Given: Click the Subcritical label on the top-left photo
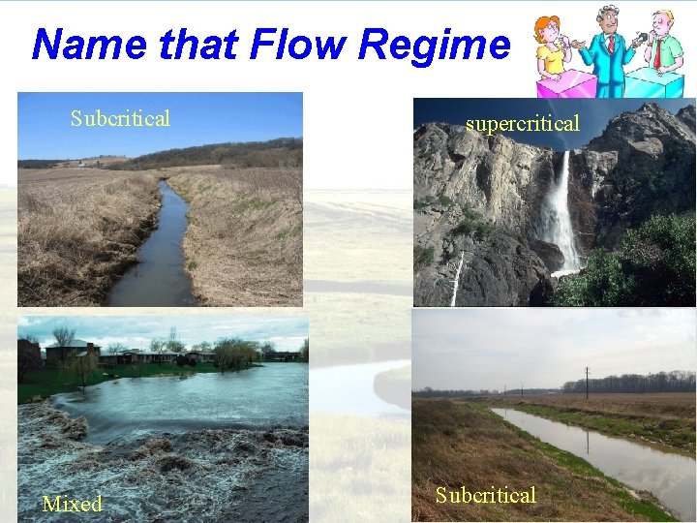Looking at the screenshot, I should pyautogui.click(x=120, y=119).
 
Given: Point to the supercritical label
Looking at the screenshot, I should pyautogui.click(x=523, y=124).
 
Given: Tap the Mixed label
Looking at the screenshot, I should pyautogui.click(x=72, y=504).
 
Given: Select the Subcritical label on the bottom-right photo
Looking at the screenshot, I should pyautogui.click(x=485, y=496).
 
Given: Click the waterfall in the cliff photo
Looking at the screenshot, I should pyautogui.click(x=561, y=213).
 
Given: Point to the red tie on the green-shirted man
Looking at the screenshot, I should pyautogui.click(x=657, y=52).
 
